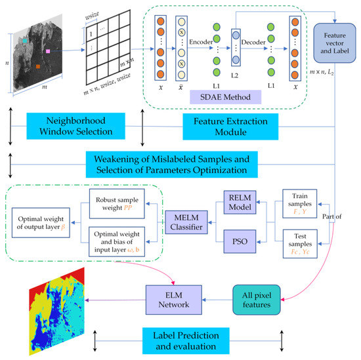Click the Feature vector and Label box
335,43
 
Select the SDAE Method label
225,97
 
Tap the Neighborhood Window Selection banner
75,126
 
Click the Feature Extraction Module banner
230,127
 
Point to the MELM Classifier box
186,222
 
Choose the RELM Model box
240,202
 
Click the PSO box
240,241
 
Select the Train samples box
300,203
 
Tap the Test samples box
300,244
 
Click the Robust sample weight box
117,203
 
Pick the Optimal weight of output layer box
41,223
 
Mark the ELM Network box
174,300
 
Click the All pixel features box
257,300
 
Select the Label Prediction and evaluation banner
186,341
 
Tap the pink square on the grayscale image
48,51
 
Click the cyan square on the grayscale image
25,41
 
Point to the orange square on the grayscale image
38,66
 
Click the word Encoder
201,42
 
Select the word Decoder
253,43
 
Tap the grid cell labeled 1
91,33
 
